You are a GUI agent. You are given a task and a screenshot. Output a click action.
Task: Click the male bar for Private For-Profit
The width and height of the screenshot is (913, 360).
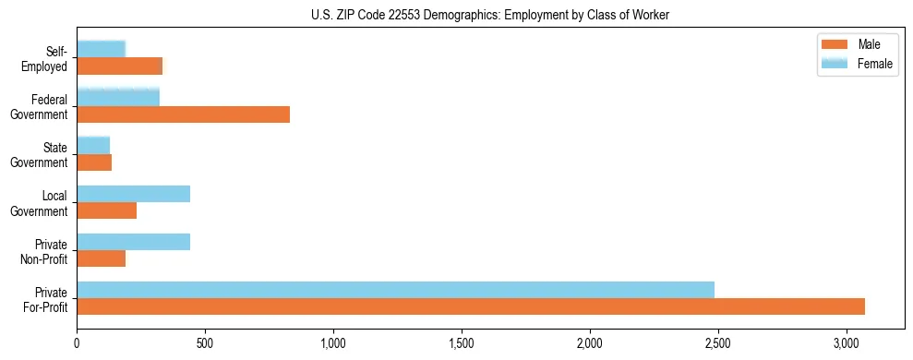pos(471,306)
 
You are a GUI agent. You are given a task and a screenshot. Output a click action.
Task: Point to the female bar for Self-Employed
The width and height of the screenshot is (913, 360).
pos(101,49)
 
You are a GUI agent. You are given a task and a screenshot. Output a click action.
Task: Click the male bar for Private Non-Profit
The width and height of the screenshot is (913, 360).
pos(101,258)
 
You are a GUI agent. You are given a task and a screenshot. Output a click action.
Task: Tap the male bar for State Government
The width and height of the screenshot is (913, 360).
pos(94,162)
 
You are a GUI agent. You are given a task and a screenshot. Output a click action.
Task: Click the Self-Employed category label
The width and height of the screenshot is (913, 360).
pos(51,58)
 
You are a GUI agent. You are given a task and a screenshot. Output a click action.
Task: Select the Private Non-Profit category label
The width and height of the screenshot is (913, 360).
pos(45,250)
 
